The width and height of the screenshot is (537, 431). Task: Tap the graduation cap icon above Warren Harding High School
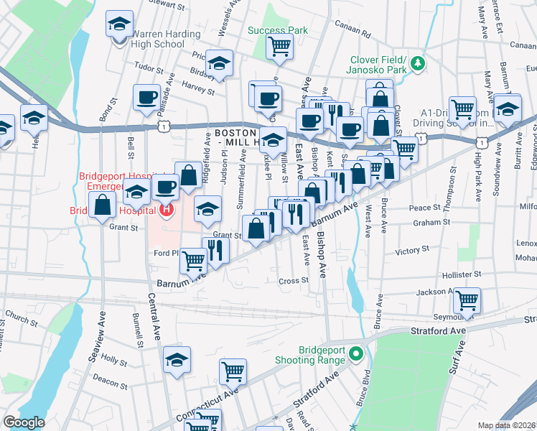click(x=118, y=24)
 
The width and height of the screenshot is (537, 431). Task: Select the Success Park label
click(x=277, y=31)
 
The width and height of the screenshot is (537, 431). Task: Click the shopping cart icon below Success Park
click(x=279, y=47)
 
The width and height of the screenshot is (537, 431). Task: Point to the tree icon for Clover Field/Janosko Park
click(x=416, y=64)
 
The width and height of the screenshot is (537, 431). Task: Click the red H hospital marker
click(x=167, y=210)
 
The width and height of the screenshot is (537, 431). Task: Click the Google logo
click(x=24, y=422)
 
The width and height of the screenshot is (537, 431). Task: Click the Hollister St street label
click(x=461, y=274)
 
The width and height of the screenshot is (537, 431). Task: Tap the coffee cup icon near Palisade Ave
click(x=146, y=97)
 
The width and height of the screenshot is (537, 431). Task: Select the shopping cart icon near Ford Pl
click(x=192, y=261)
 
